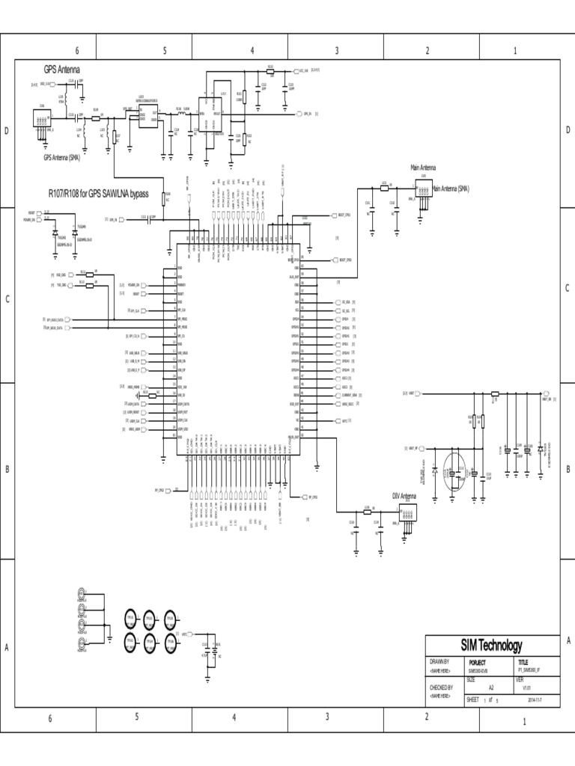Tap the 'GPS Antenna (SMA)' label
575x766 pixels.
[62, 158]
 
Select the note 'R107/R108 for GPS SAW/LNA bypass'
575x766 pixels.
[98, 194]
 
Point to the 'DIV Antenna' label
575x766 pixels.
[404, 496]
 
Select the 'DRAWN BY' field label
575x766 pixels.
[439, 662]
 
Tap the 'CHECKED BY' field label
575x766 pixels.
[441, 687]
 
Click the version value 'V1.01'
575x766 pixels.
[526, 687]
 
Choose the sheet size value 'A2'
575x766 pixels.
[491, 687]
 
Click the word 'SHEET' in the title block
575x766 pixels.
[473, 699]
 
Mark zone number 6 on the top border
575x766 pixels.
[76, 50]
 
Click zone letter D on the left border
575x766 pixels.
[7, 131]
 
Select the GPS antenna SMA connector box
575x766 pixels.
[40, 118]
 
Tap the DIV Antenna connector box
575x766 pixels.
[408, 512]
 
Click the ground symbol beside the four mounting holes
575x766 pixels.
[109, 637]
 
